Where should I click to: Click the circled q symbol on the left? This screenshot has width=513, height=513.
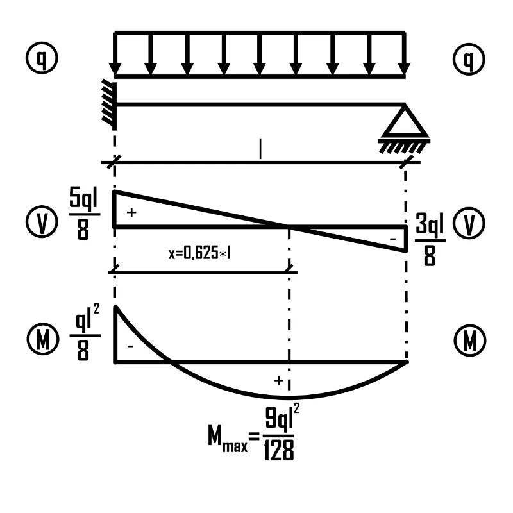click(42, 58)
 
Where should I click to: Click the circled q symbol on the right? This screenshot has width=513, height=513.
click(469, 59)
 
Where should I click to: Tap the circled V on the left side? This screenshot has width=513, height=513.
click(42, 221)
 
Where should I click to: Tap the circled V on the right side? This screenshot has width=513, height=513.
click(469, 223)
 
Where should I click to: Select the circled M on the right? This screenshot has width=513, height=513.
click(470, 341)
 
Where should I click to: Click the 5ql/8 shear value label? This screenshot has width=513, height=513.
click(84, 214)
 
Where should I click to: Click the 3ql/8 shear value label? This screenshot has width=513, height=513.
click(430, 239)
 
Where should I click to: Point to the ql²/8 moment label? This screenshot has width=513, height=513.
click(85, 332)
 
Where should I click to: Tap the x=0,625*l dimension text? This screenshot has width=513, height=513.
click(199, 253)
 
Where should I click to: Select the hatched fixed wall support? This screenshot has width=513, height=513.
click(110, 105)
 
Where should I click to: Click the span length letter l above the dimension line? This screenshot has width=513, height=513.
click(260, 149)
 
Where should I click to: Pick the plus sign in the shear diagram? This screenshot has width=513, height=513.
click(131, 213)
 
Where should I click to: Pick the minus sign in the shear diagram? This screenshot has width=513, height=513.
click(393, 239)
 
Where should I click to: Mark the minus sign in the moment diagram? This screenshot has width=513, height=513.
click(130, 346)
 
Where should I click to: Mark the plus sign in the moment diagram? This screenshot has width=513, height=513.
click(278, 380)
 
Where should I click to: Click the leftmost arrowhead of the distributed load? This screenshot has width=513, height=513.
click(115, 69)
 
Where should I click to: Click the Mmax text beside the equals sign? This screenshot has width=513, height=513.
click(228, 437)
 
